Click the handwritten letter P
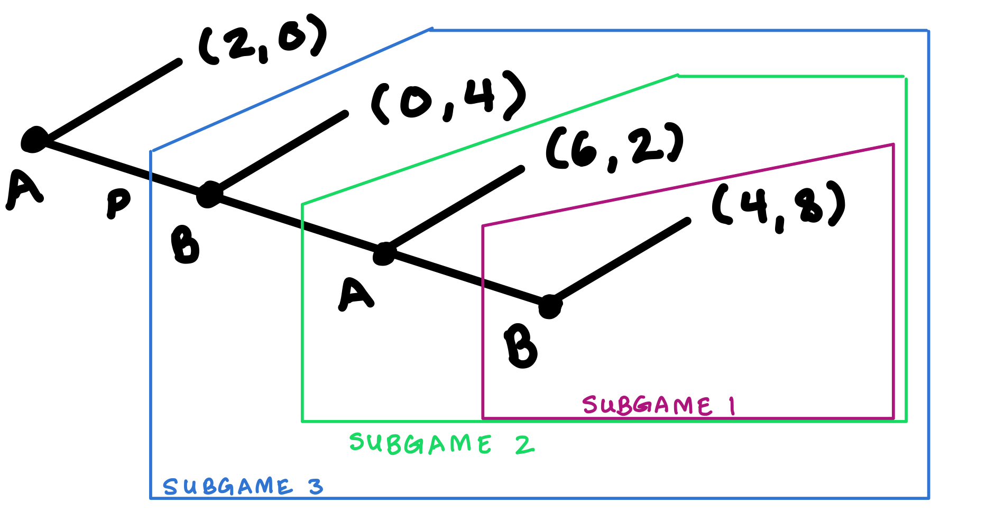tap(118, 203)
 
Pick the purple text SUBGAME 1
tap(658, 406)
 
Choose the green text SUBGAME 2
tap(441, 444)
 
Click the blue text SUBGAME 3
tap(243, 487)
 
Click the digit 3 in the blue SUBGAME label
tap(316, 486)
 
